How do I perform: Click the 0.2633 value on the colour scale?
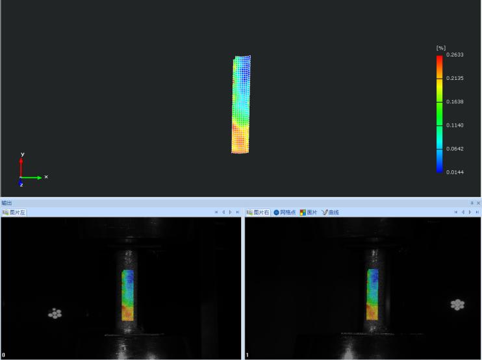pyautogui.click(x=455, y=55)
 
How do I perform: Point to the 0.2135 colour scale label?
pyautogui.click(x=455, y=78)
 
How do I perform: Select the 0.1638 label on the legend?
pyautogui.click(x=455, y=102)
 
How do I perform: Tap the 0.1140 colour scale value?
pyautogui.click(x=455, y=125)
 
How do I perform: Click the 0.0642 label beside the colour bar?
pyautogui.click(x=455, y=149)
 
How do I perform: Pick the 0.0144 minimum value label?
pyautogui.click(x=455, y=172)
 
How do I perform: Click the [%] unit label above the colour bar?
pyautogui.click(x=441, y=48)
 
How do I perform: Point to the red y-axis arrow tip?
pyautogui.click(x=21, y=159)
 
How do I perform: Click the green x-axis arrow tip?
pyautogui.click(x=42, y=177)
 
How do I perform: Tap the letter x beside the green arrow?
pyautogui.click(x=46, y=177)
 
